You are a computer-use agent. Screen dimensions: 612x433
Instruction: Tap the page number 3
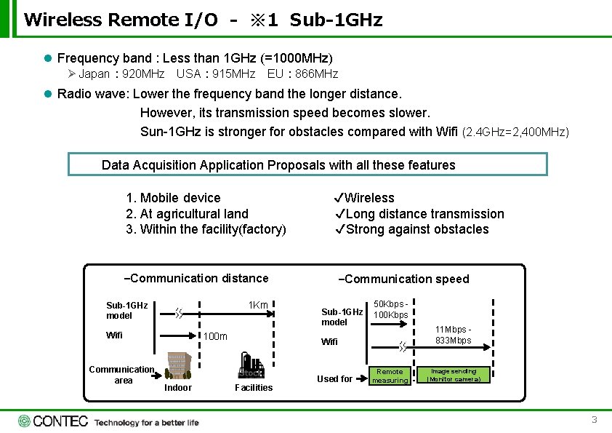click(594, 420)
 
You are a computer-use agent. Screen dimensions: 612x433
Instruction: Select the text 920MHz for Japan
click(143, 74)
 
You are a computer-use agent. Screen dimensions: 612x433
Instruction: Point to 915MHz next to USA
click(233, 74)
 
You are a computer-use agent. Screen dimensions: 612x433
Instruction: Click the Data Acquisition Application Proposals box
click(307, 164)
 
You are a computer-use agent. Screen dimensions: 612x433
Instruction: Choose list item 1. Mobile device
click(173, 198)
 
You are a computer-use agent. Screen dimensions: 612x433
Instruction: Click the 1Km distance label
click(258, 305)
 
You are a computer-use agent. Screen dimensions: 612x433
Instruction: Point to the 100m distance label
click(214, 336)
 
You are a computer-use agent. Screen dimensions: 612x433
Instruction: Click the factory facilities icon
click(253, 366)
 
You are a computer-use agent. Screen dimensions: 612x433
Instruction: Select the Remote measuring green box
click(390, 376)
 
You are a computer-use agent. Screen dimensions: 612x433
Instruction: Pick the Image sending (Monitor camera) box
click(453, 375)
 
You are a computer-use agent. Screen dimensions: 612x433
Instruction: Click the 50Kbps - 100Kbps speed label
click(391, 309)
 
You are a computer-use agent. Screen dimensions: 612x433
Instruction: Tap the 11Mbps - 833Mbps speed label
click(454, 335)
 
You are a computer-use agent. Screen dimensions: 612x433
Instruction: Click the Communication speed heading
click(404, 279)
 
